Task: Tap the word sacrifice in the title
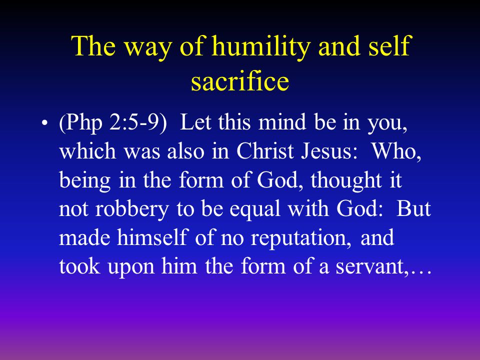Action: coord(240,82)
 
